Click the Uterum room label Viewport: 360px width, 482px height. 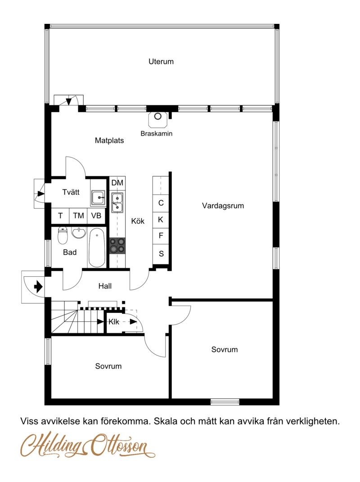161,62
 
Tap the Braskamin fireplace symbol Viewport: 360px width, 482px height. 158,119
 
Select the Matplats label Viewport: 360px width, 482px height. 109,140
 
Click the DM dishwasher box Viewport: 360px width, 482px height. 117,183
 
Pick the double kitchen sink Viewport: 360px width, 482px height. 117,203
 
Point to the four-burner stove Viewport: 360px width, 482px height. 117,246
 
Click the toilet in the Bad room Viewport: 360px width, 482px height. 63,235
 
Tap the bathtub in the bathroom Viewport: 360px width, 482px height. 97,248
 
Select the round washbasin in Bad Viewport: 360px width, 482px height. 79,233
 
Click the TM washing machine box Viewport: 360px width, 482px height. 78,216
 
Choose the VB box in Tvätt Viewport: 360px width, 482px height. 96,216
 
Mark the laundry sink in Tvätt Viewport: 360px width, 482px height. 98,198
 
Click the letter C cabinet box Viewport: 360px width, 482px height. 161,203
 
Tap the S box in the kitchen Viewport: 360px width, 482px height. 161,254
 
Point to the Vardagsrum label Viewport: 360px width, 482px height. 223,206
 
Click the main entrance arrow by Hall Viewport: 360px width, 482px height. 38,286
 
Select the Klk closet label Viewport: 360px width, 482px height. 114,322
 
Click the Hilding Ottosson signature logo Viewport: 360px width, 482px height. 88,446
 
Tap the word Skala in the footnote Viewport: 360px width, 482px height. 166,421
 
